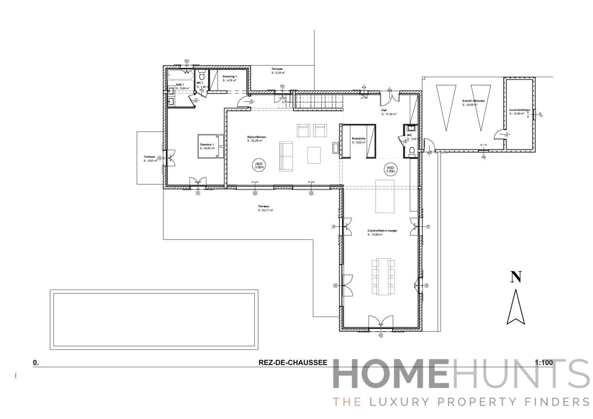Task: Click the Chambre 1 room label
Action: tap(207, 145)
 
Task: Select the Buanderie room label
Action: tap(358, 138)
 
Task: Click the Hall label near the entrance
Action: tap(384, 110)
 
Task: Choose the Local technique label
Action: tap(519, 110)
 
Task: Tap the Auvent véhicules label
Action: tap(473, 101)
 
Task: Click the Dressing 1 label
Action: tap(230, 76)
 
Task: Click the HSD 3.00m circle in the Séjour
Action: tap(259, 165)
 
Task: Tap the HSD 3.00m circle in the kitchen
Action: tap(390, 169)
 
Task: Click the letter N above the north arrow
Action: tap(516, 277)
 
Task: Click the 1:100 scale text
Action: tap(543, 363)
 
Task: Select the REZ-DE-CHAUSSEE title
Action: tap(293, 363)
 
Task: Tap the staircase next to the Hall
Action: tap(318, 101)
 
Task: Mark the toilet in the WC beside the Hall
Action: tap(411, 151)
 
